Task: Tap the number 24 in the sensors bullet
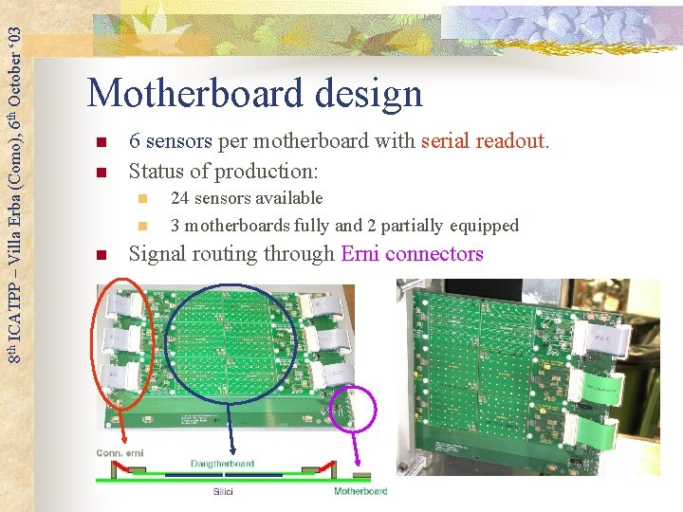tap(179, 198)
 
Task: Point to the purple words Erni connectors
tap(412, 254)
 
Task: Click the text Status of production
tap(223, 171)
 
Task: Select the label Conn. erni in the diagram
tap(120, 453)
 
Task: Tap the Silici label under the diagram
tap(223, 492)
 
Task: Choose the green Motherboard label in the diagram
tap(360, 491)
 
